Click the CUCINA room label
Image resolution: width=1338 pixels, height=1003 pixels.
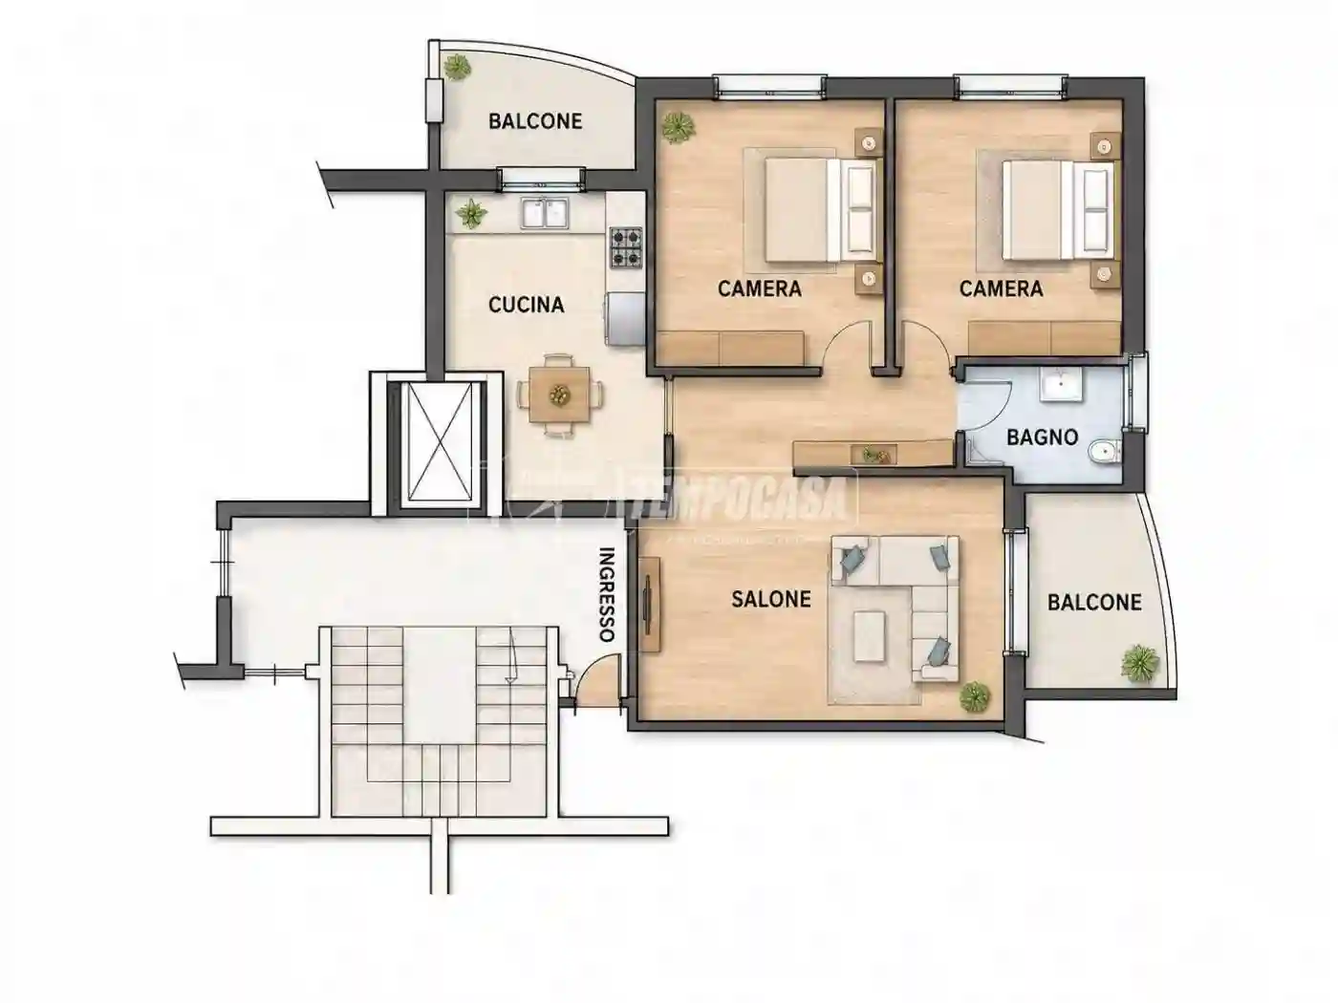(526, 305)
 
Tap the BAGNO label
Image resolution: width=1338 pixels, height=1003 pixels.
(1042, 437)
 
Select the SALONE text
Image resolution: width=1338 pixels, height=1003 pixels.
(770, 599)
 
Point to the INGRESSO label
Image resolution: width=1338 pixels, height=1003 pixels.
(607, 594)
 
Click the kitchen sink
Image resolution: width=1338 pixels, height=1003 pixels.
(545, 213)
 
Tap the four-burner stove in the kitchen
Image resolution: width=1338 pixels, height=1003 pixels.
(626, 247)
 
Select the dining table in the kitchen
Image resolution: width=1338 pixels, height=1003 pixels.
(559, 394)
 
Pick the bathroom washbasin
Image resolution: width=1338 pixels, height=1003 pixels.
(1061, 384)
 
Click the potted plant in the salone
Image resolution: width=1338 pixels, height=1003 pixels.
(974, 696)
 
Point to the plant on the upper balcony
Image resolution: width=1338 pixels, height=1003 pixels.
(457, 67)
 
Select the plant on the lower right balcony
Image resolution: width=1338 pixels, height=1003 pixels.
(1138, 663)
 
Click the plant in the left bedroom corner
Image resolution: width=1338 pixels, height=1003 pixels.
(678, 127)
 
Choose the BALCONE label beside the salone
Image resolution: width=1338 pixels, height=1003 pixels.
(1094, 603)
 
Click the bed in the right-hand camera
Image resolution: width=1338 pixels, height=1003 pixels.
(1057, 210)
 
